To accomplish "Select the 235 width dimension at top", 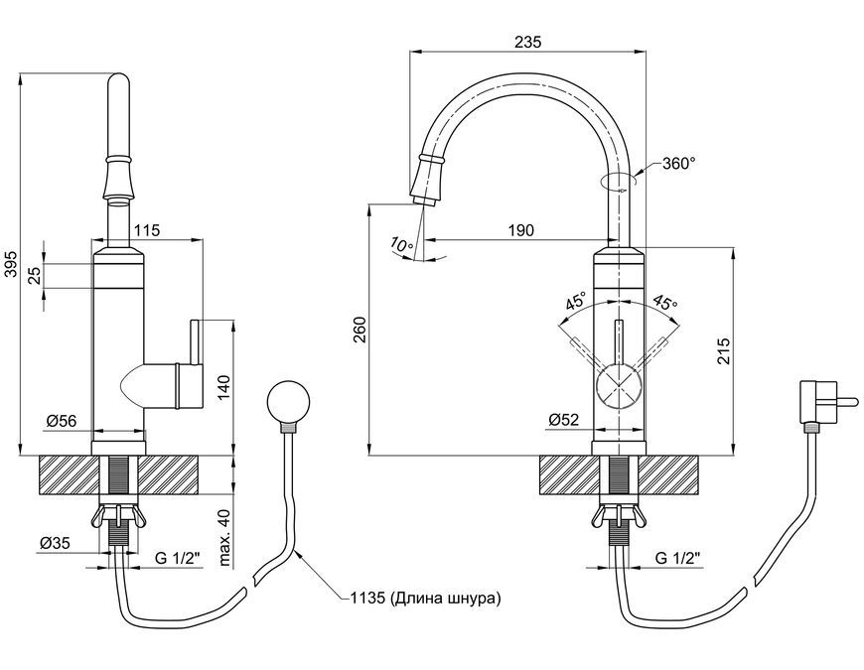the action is (x=528, y=42).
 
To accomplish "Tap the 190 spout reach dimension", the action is (x=520, y=229).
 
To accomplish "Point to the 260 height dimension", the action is (x=360, y=330).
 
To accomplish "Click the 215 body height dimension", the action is (x=724, y=350).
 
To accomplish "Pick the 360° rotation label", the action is (x=679, y=164).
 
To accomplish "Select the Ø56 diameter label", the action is (x=62, y=421).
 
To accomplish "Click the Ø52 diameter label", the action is (x=564, y=420).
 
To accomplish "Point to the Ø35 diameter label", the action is (x=55, y=543).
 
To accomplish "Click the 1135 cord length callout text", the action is (x=425, y=598).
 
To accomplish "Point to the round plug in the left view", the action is (x=288, y=401).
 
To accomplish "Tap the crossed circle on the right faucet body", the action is (x=620, y=386).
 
